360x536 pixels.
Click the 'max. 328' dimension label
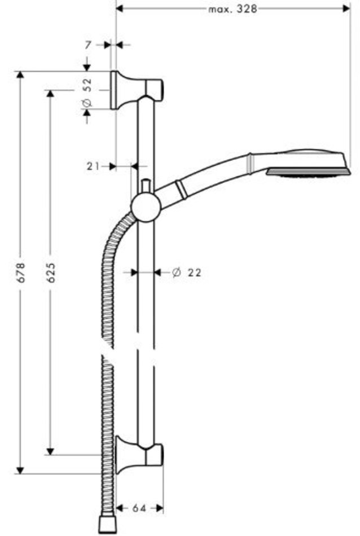pyautogui.click(x=232, y=9)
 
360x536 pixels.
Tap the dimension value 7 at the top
pyautogui.click(x=88, y=45)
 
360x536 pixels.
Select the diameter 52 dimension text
pyautogui.click(x=87, y=92)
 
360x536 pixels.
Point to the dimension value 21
pyautogui.click(x=93, y=166)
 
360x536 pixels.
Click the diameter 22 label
pyautogui.click(x=187, y=273)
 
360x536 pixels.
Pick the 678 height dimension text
pyautogui.click(x=21, y=272)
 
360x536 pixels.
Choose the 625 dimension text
pyautogui.click(x=51, y=272)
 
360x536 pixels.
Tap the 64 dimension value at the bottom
pyautogui.click(x=139, y=508)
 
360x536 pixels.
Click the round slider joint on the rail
pyautogui.click(x=146, y=207)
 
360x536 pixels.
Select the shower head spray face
pyautogui.click(x=309, y=172)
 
